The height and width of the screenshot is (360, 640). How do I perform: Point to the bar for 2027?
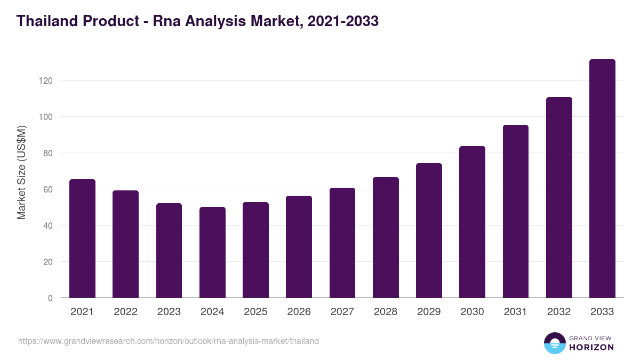pos(342,243)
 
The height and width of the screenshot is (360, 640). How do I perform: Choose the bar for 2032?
pos(559,197)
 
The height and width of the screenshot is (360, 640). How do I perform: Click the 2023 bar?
pos(169,251)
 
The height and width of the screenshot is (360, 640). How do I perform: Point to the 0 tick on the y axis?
pos(50,298)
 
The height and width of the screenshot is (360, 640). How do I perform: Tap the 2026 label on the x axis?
pos(299,312)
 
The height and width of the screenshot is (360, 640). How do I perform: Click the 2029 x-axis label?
pos(429,312)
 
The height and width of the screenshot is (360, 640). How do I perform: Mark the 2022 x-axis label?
pos(125,312)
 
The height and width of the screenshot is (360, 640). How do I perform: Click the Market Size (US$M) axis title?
pos(21,172)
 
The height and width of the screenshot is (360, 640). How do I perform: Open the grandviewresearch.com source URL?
pos(169,341)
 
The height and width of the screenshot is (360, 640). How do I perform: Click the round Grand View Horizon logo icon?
pos(554,343)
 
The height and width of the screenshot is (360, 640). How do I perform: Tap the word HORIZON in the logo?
pos(591,347)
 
